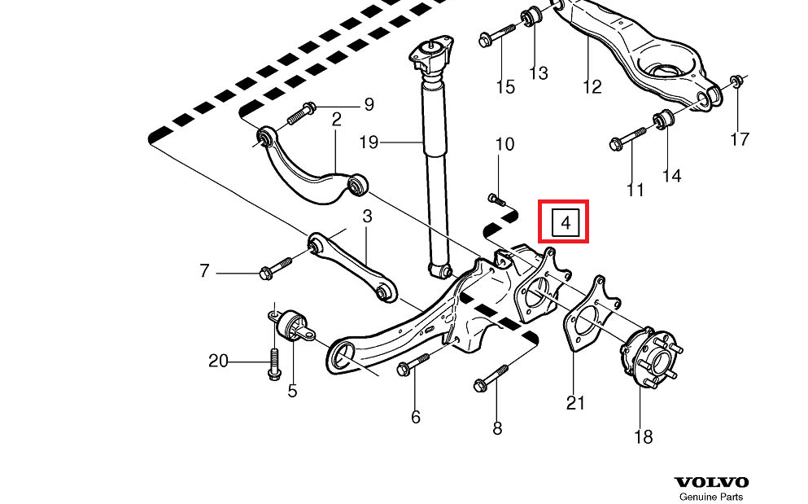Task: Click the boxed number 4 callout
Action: pyautogui.click(x=563, y=221)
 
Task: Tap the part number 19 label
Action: pyautogui.click(x=369, y=143)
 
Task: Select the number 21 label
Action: pyautogui.click(x=575, y=402)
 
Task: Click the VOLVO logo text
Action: pyautogui.click(x=710, y=483)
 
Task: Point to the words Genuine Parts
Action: pyautogui.click(x=710, y=497)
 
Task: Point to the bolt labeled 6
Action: pyautogui.click(x=413, y=364)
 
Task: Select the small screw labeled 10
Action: pyautogui.click(x=496, y=198)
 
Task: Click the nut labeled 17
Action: pyautogui.click(x=736, y=81)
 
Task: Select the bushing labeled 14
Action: pyautogui.click(x=662, y=121)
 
